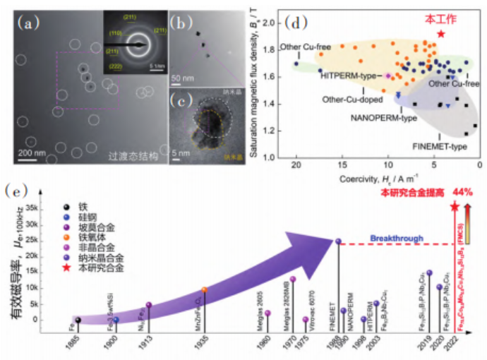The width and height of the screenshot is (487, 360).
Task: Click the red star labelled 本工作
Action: pyautogui.click(x=441, y=34)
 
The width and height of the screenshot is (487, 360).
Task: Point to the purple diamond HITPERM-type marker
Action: pyautogui.click(x=388, y=75)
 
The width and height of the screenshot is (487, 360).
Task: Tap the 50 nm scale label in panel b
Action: pyautogui.click(x=184, y=77)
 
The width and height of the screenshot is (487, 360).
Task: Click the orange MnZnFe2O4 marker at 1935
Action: pyautogui.click(x=204, y=290)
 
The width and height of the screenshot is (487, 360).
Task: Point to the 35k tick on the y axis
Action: pyautogui.click(x=49, y=209)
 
